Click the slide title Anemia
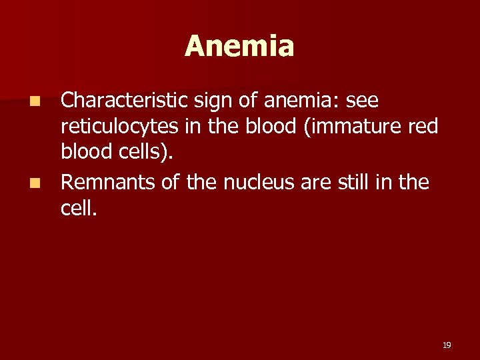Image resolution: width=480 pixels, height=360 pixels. [x=239, y=47]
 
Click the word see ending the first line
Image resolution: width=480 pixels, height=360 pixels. [x=361, y=101]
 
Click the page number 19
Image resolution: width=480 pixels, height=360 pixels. [x=447, y=345]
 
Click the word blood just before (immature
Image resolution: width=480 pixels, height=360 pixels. [x=267, y=126]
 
